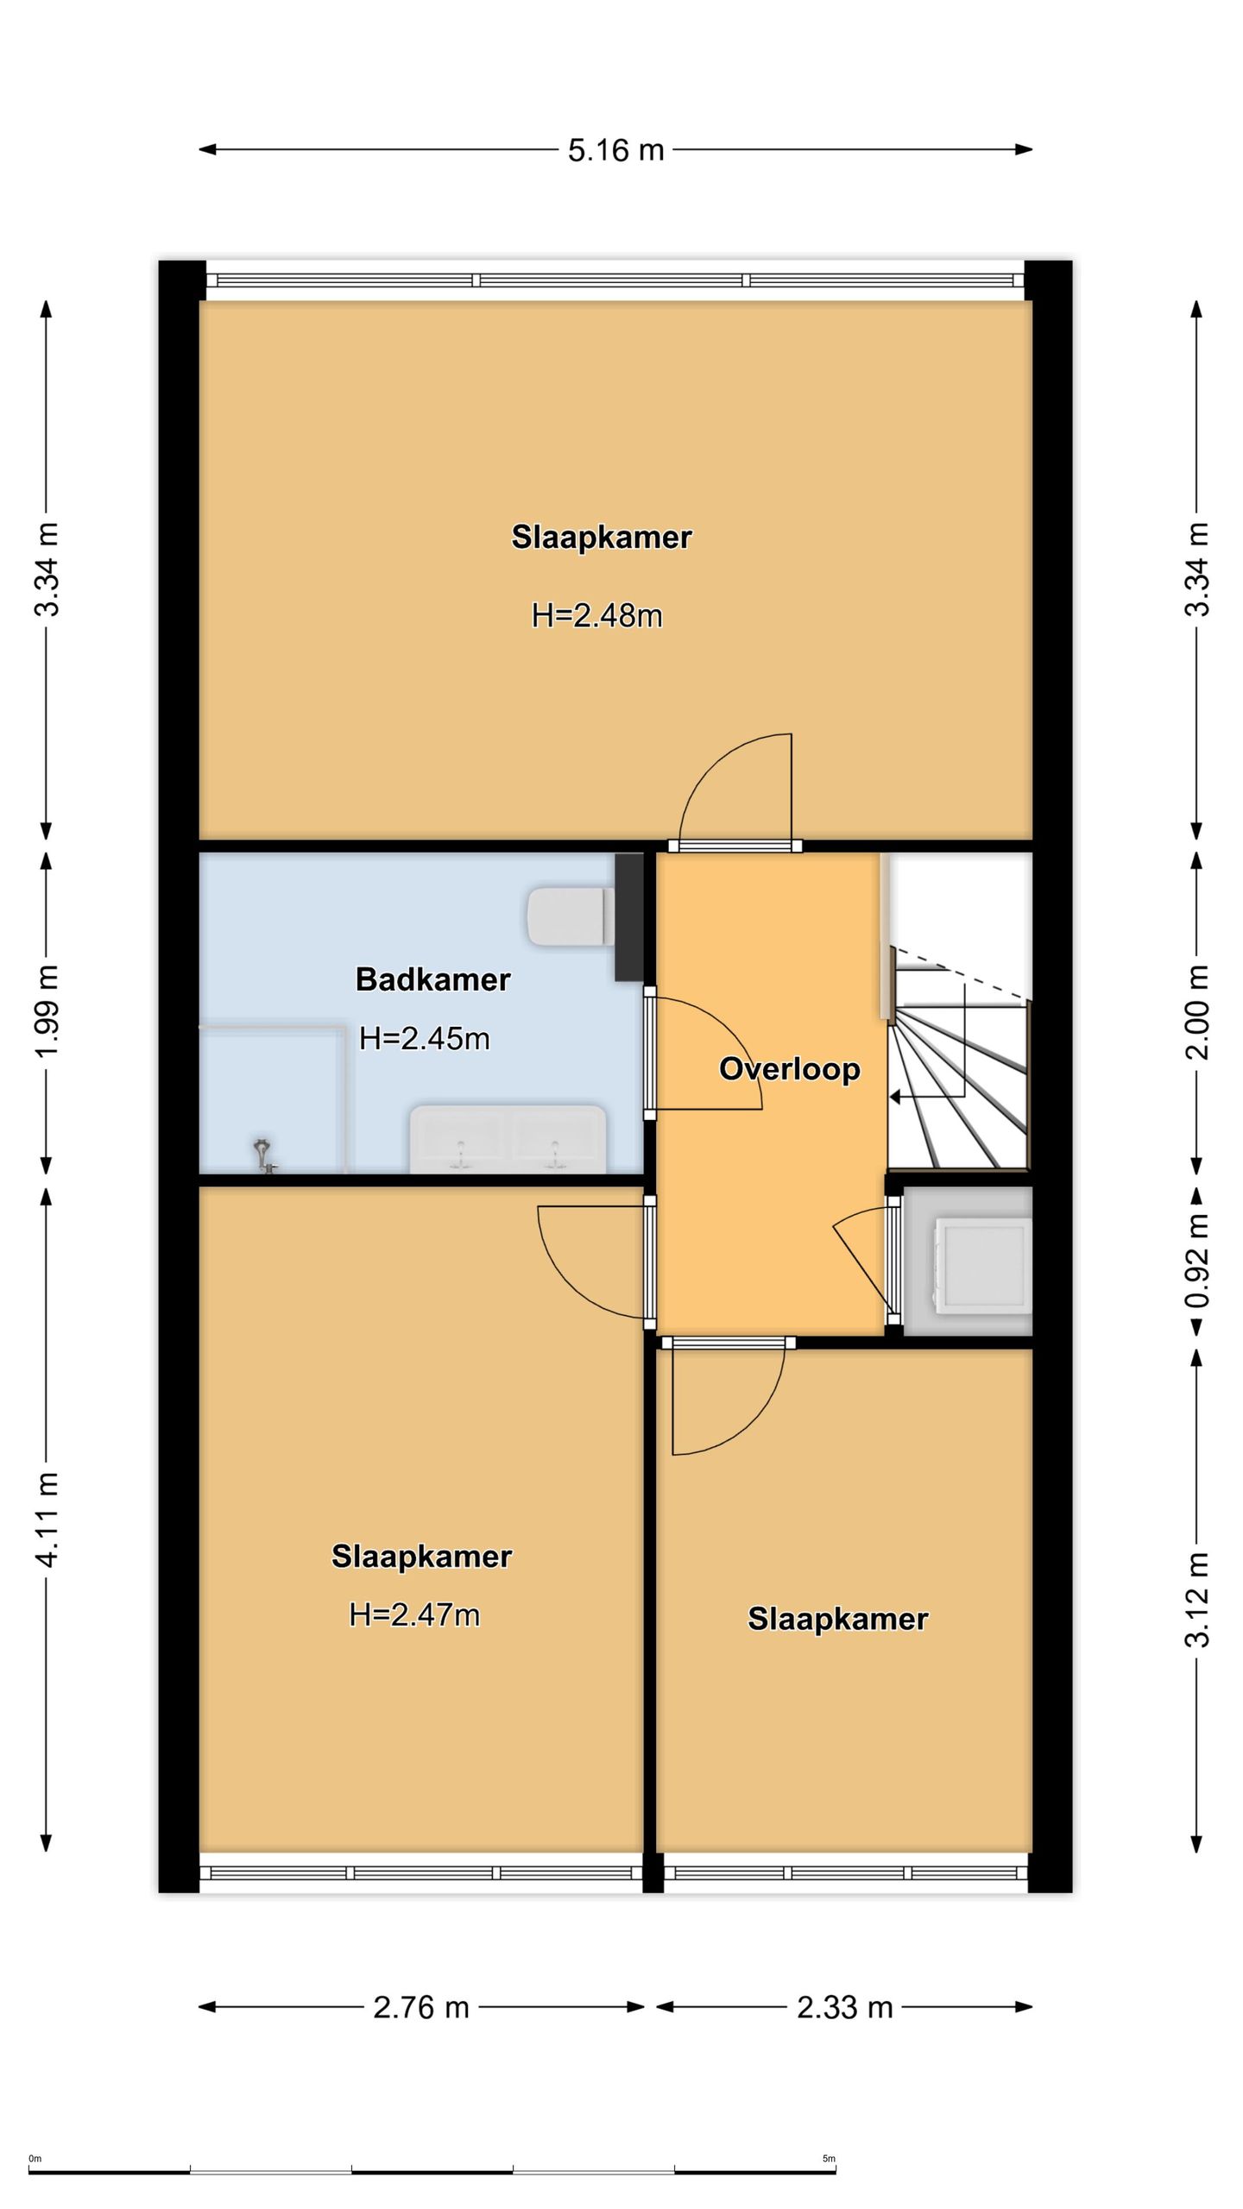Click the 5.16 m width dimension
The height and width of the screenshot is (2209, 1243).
pos(615,150)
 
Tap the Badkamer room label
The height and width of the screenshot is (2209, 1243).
pos(432,979)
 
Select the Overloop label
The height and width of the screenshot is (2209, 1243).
pos(789,1069)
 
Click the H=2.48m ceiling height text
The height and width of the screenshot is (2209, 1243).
pos(596,615)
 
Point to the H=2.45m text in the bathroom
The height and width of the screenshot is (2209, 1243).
pos(424,1038)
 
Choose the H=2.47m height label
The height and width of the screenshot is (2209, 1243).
pos(413,1614)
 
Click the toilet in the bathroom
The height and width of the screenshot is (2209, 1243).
pos(571,916)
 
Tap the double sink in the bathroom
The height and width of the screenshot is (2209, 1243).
pos(508,1139)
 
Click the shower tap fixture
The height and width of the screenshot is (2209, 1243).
pos(263,1156)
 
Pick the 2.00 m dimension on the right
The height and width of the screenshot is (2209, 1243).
pos(1196,1013)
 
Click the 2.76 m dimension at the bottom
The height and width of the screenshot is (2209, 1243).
pos(421,2007)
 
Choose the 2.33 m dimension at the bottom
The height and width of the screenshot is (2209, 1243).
pos(844,2007)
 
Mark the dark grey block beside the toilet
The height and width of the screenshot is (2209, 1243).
pos(629,917)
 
